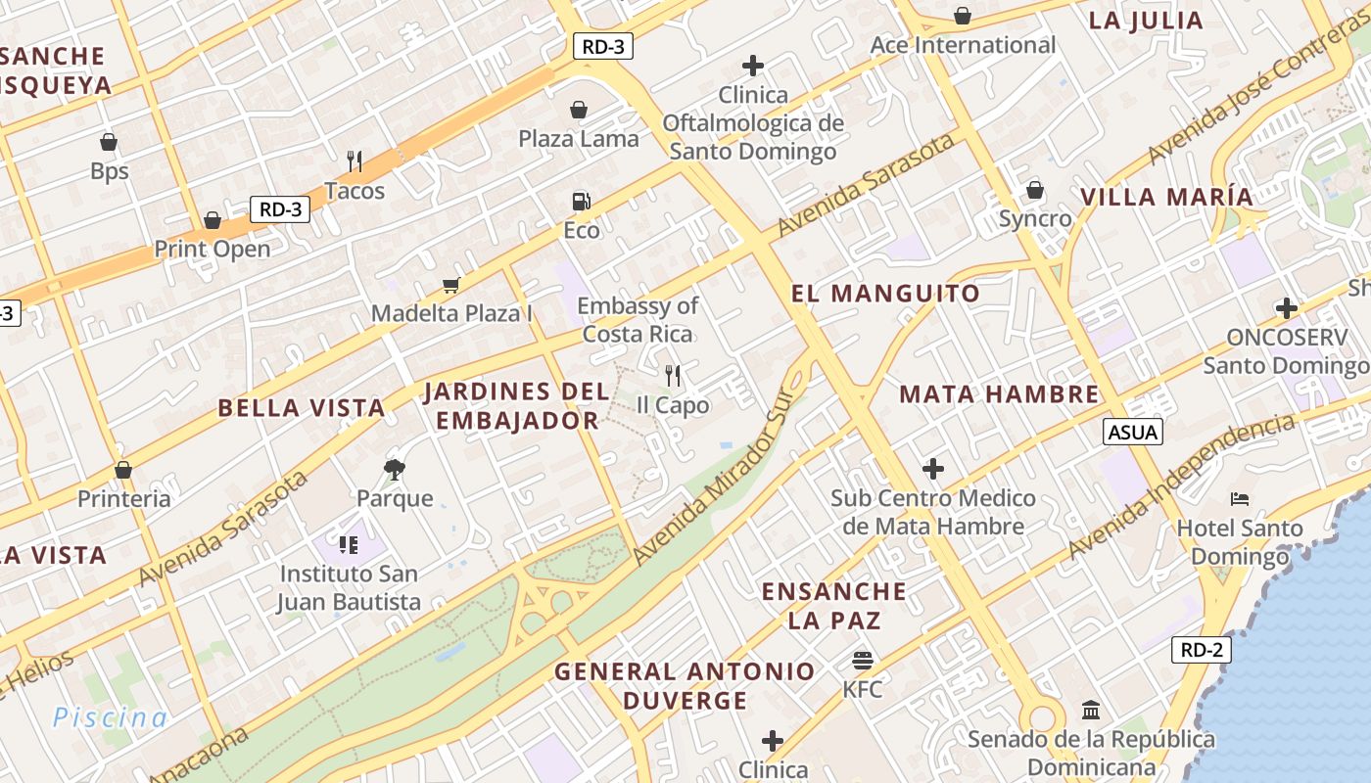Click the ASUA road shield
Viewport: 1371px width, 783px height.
click(x=1133, y=432)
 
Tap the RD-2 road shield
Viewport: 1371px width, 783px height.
click(x=1201, y=649)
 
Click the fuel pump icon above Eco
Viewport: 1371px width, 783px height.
click(x=581, y=202)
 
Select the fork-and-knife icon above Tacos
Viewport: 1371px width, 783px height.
click(x=355, y=161)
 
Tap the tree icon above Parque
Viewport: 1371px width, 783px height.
click(x=395, y=469)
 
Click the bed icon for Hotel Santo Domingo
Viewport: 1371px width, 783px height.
click(x=1240, y=499)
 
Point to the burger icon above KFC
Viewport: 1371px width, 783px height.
click(x=863, y=660)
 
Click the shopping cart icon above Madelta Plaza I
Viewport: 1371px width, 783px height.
click(x=450, y=285)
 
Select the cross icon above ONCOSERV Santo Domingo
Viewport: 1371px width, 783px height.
click(x=1286, y=308)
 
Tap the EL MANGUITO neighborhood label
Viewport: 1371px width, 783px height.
click(x=885, y=293)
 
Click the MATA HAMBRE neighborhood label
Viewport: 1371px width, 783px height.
click(x=999, y=393)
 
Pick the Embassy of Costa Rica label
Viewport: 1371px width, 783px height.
click(x=638, y=319)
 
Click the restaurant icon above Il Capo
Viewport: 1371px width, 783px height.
click(x=673, y=375)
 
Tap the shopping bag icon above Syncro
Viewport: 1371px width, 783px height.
click(x=1035, y=190)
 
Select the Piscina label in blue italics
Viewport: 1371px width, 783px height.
click(x=110, y=717)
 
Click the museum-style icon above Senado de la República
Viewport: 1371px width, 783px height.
click(x=1091, y=710)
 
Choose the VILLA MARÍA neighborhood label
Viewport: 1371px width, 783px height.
click(x=1166, y=196)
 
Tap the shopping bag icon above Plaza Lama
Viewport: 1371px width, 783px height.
click(x=579, y=109)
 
